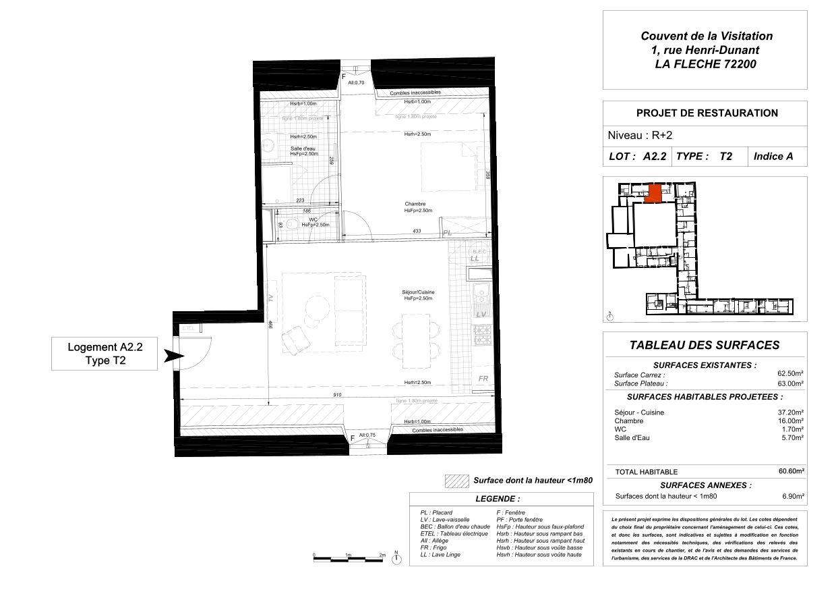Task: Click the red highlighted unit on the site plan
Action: point(652,194)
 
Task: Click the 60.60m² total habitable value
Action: point(792,471)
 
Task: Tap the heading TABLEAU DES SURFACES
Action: point(704,345)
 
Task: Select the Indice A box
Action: point(773,156)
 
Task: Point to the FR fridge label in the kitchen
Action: point(483,379)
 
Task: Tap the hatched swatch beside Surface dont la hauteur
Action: point(456,481)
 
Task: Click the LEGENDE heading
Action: point(498,500)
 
